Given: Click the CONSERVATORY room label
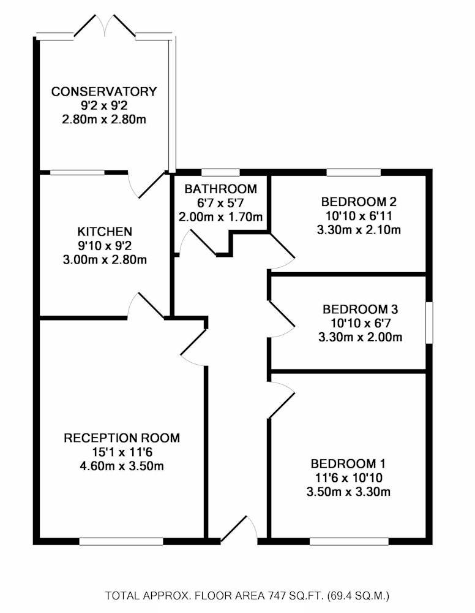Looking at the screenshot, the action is [x=104, y=91].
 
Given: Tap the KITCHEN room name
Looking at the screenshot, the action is [x=105, y=232].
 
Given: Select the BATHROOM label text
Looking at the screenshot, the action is [x=220, y=189].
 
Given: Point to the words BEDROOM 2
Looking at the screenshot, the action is [x=359, y=202].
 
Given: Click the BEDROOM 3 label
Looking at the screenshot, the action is [x=360, y=309].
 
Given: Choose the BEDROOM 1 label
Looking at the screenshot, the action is [x=348, y=463].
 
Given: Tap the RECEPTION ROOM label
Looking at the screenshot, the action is [x=122, y=438].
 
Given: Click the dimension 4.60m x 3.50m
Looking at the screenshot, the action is [x=122, y=466].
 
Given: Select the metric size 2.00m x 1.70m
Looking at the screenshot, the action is [x=220, y=216].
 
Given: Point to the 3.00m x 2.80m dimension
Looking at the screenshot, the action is [x=105, y=259].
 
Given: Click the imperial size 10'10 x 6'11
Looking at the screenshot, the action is [x=359, y=216].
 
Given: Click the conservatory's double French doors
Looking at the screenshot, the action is [x=105, y=26].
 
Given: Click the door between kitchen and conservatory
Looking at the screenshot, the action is [x=146, y=185].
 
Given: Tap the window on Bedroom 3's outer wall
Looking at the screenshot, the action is [x=429, y=322].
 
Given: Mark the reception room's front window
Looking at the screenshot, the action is [x=121, y=541].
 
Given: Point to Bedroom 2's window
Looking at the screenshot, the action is [x=354, y=172].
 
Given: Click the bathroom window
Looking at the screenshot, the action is [x=220, y=172].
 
